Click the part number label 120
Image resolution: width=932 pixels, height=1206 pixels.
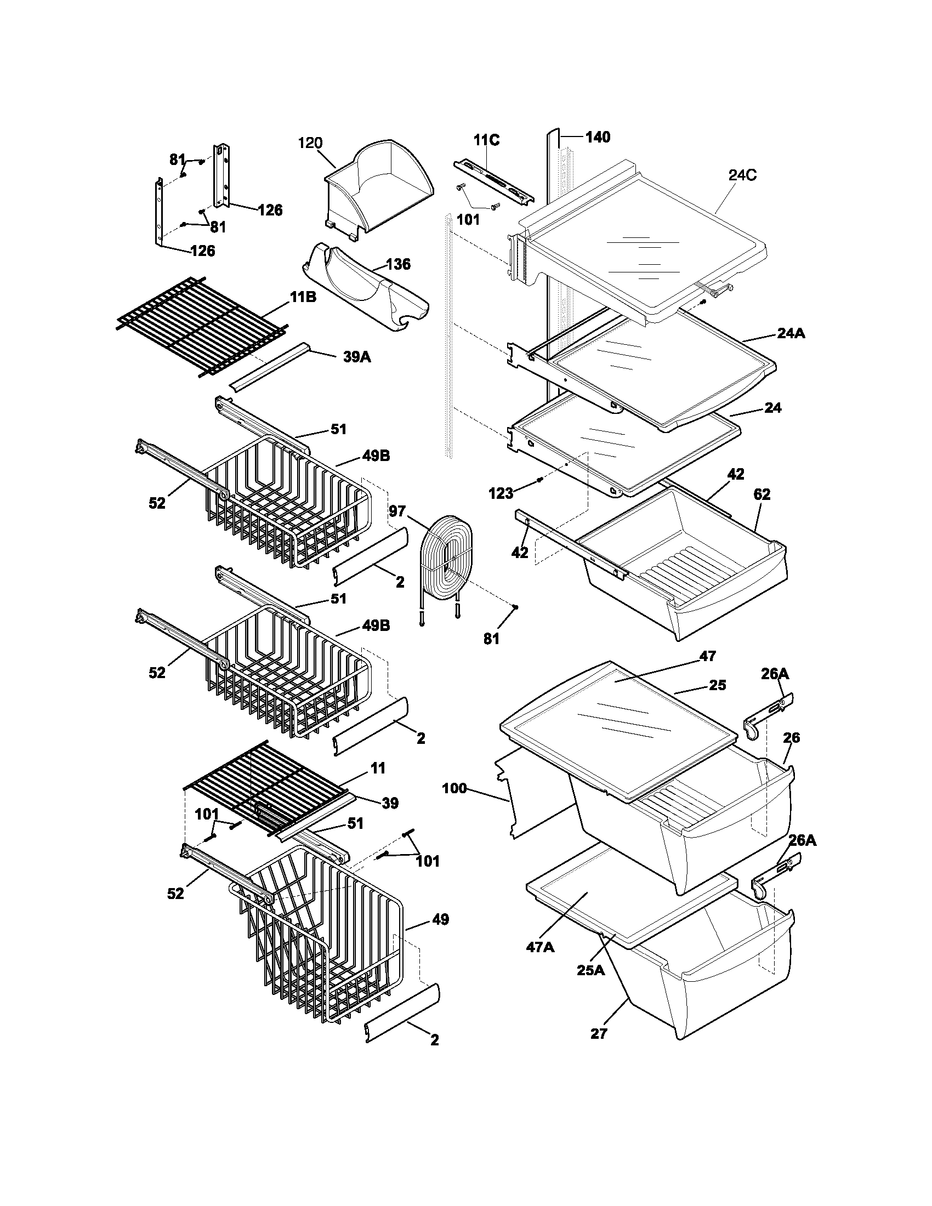point(310,143)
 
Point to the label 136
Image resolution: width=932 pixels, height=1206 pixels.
point(398,264)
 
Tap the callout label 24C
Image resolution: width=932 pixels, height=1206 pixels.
point(742,175)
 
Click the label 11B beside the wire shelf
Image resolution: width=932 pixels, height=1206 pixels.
point(303,297)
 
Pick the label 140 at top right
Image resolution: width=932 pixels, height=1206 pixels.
point(598,137)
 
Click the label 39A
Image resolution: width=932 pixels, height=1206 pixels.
point(357,357)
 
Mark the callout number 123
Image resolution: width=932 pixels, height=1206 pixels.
point(501,494)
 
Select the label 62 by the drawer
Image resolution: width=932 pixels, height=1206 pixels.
point(761,494)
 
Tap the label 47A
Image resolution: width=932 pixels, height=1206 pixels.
point(539,947)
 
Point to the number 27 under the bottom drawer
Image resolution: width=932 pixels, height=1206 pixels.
point(599,1034)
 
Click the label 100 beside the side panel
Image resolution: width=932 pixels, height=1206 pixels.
point(454,788)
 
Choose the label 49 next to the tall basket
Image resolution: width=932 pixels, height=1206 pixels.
point(440,919)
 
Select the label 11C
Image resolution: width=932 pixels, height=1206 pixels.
point(486,140)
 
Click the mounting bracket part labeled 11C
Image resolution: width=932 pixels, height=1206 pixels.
point(494,181)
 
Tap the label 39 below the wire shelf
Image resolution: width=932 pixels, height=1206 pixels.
point(390,803)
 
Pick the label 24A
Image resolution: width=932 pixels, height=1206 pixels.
point(791,333)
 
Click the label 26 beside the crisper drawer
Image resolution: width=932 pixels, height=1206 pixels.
point(791,738)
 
